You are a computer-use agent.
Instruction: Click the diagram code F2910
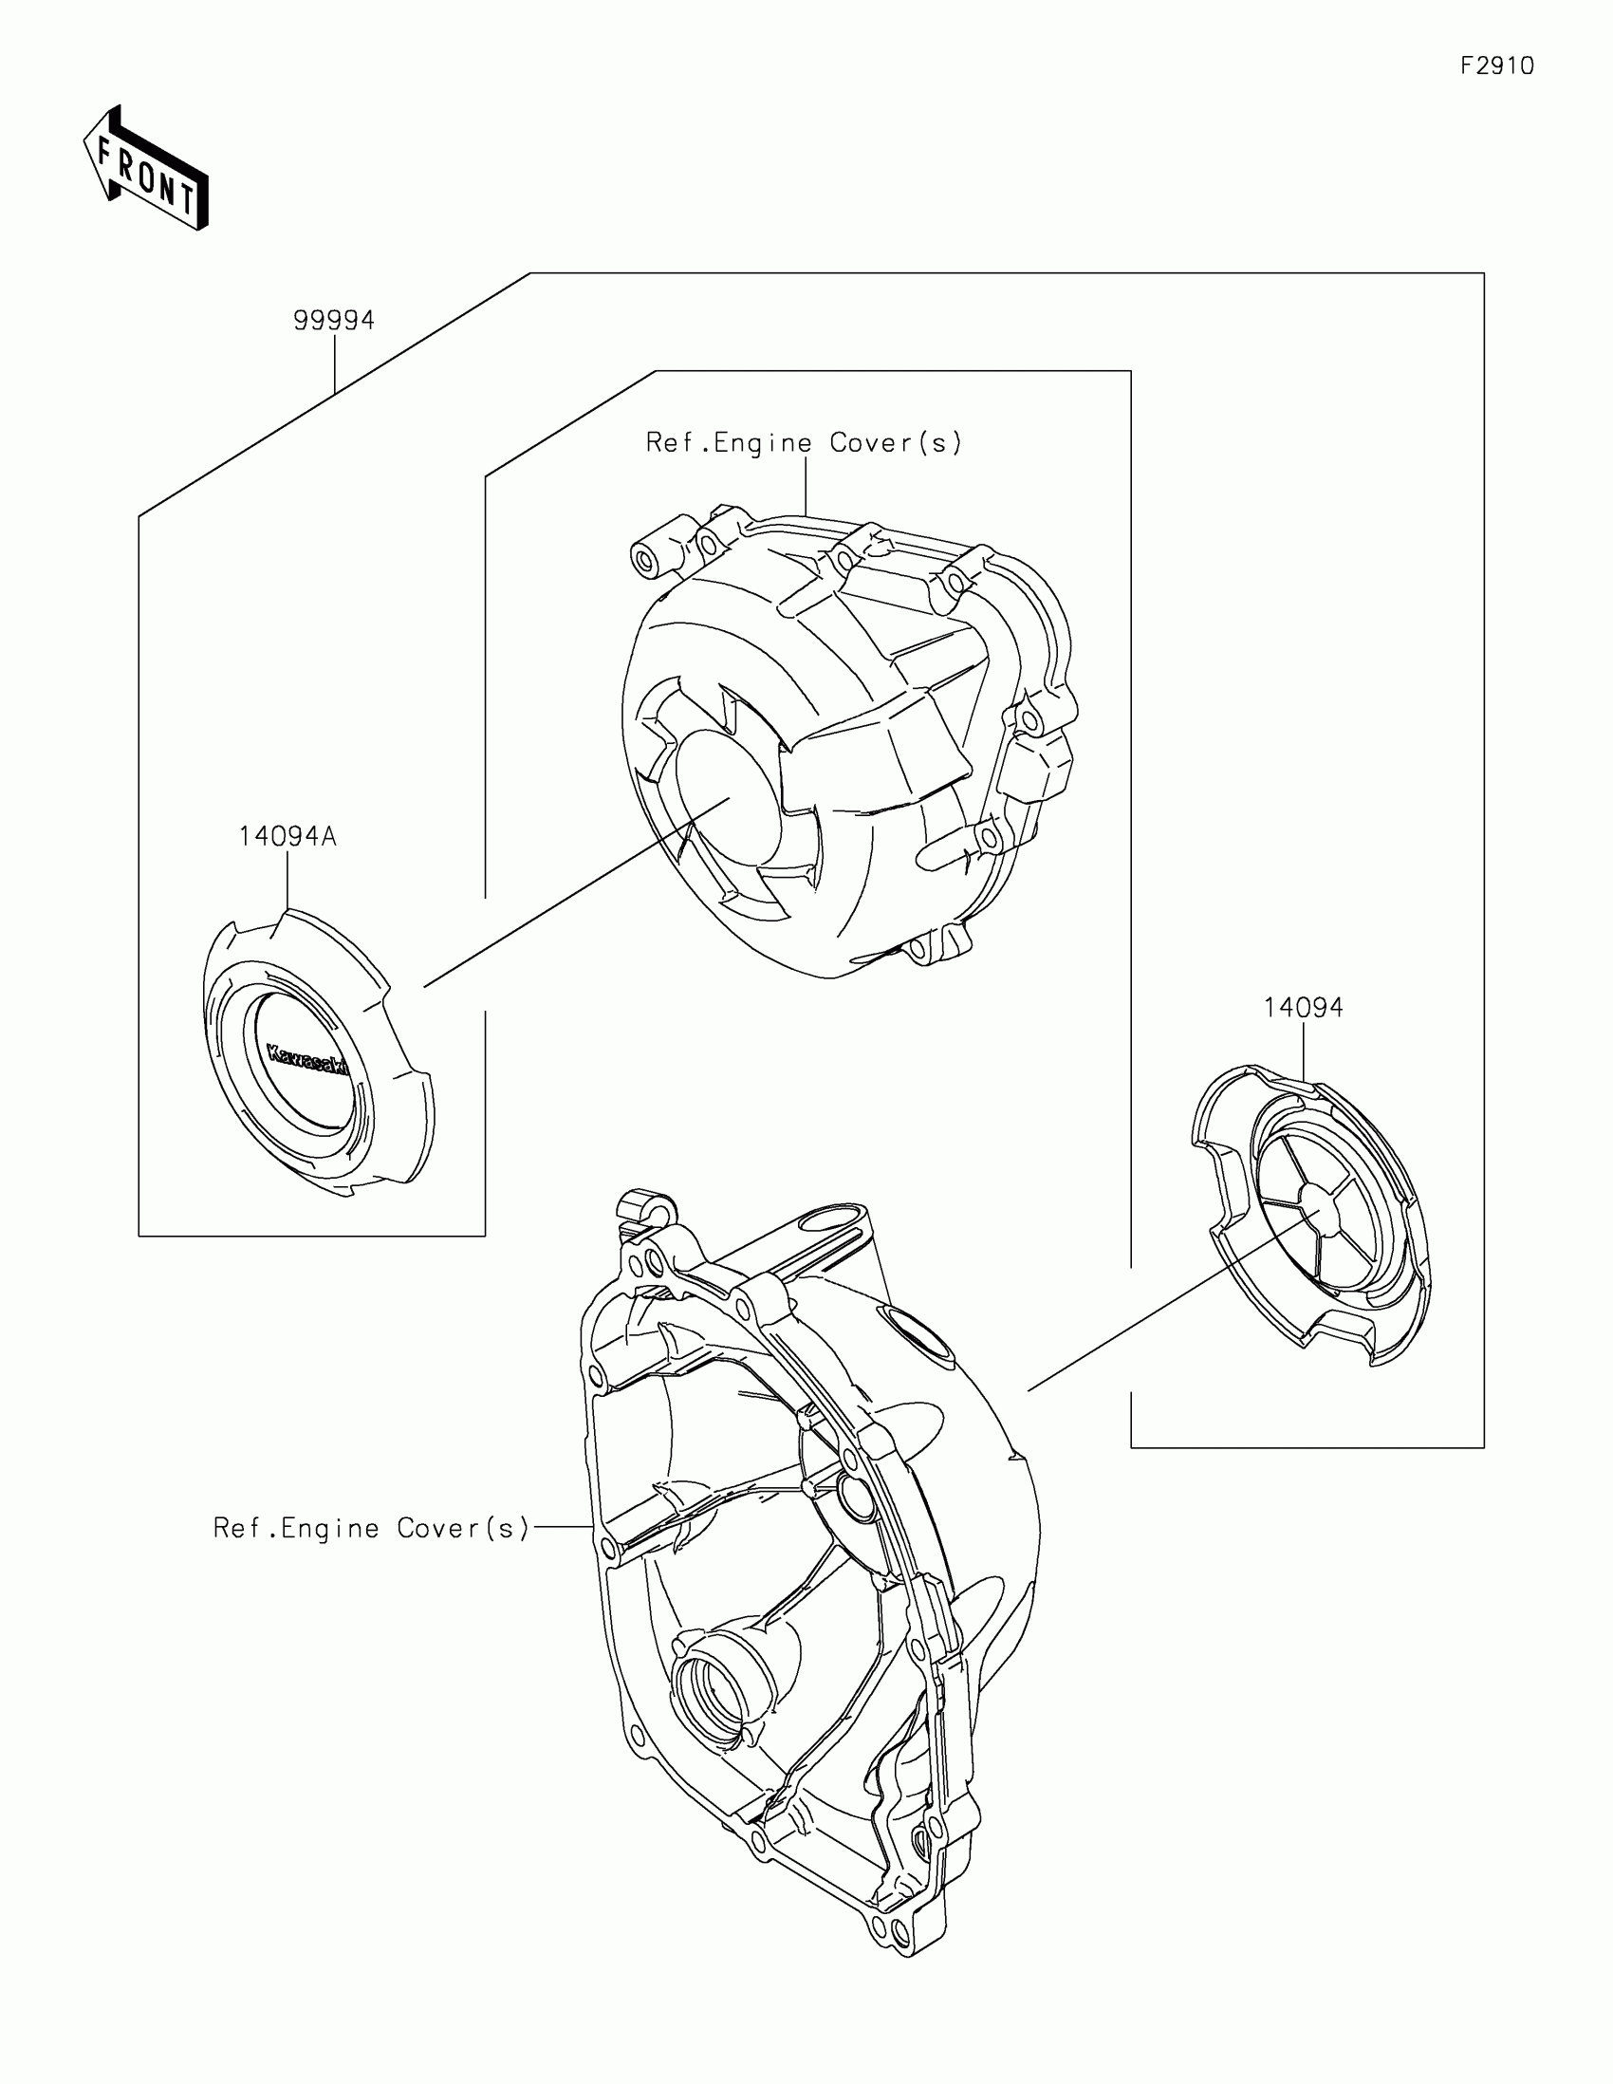[x=1496, y=65]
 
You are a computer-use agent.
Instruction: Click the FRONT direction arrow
[x=146, y=169]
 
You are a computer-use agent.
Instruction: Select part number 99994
[x=334, y=320]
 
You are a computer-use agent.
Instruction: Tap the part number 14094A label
[x=287, y=837]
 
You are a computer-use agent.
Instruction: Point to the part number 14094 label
[x=1303, y=1008]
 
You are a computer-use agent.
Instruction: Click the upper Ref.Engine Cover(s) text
[x=804, y=443]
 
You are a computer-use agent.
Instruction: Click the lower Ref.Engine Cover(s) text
[x=371, y=1528]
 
